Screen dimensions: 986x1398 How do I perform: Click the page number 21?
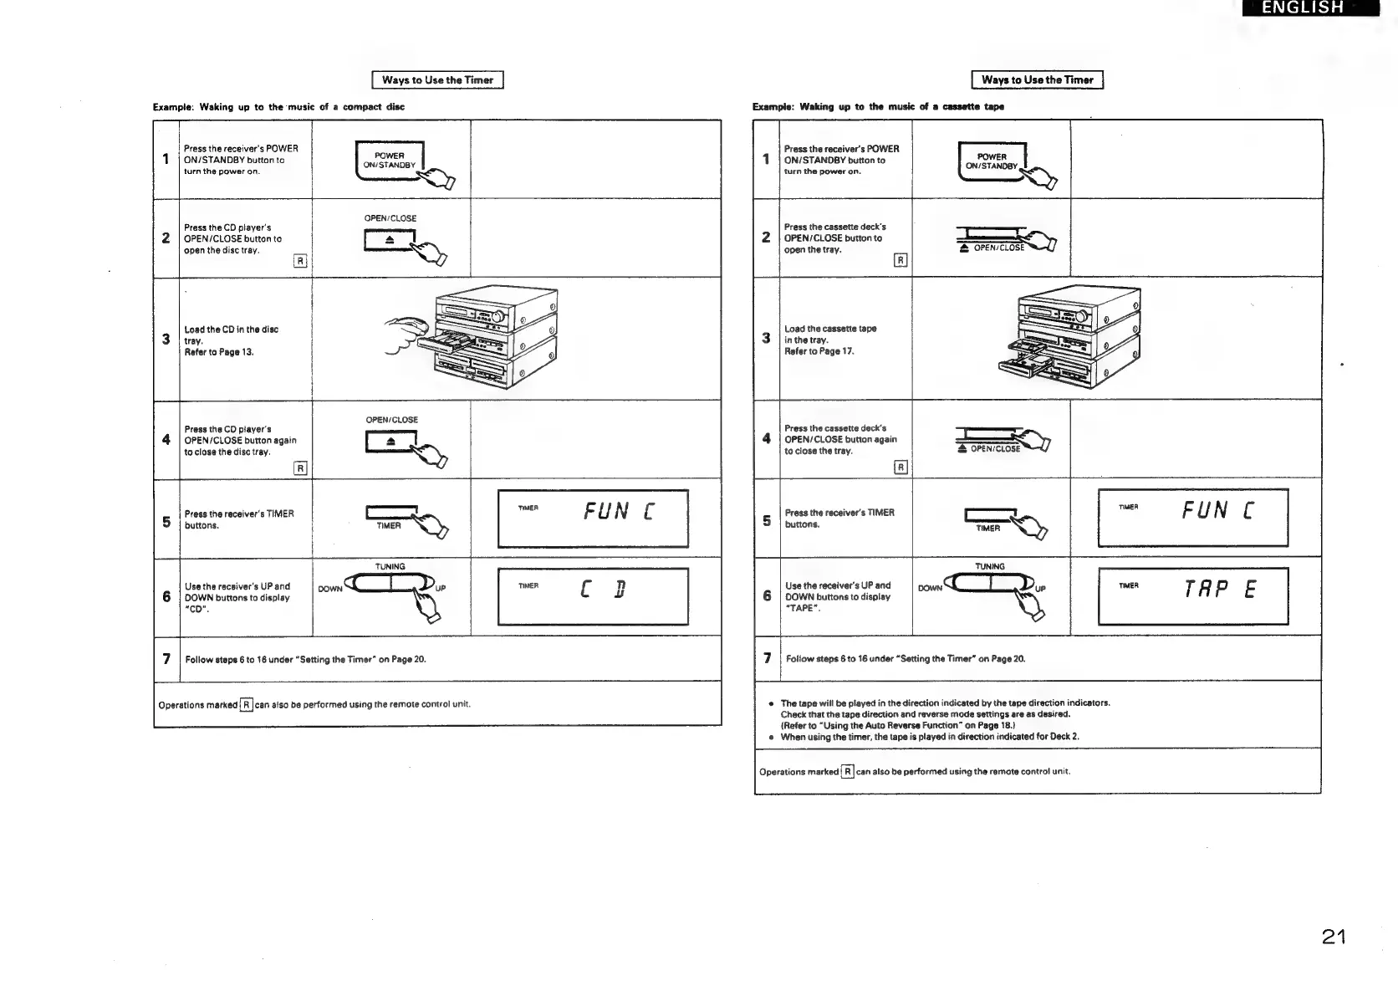(1334, 936)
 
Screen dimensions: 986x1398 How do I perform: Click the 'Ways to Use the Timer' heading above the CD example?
(437, 80)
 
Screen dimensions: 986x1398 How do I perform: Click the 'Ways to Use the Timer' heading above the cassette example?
(1037, 80)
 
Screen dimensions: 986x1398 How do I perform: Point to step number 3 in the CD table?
(166, 339)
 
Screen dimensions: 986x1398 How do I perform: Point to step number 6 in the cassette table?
(766, 595)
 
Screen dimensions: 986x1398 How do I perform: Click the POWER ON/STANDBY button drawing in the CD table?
(390, 161)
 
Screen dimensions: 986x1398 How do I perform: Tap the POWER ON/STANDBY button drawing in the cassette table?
(992, 161)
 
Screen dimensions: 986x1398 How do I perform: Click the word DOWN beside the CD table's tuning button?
(330, 589)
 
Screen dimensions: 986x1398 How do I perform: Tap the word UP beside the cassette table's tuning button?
(1040, 589)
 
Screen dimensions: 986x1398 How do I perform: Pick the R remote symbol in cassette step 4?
(901, 467)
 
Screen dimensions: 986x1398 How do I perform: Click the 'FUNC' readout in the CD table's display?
(619, 511)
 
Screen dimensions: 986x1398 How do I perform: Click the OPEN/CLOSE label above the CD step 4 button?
(391, 420)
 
